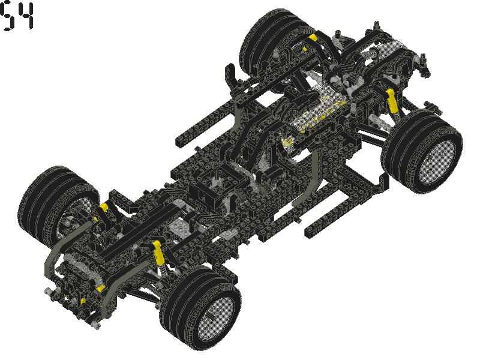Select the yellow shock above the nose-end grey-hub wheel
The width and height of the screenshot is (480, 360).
[x=159, y=252]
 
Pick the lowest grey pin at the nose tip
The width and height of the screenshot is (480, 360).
[x=95, y=328]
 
